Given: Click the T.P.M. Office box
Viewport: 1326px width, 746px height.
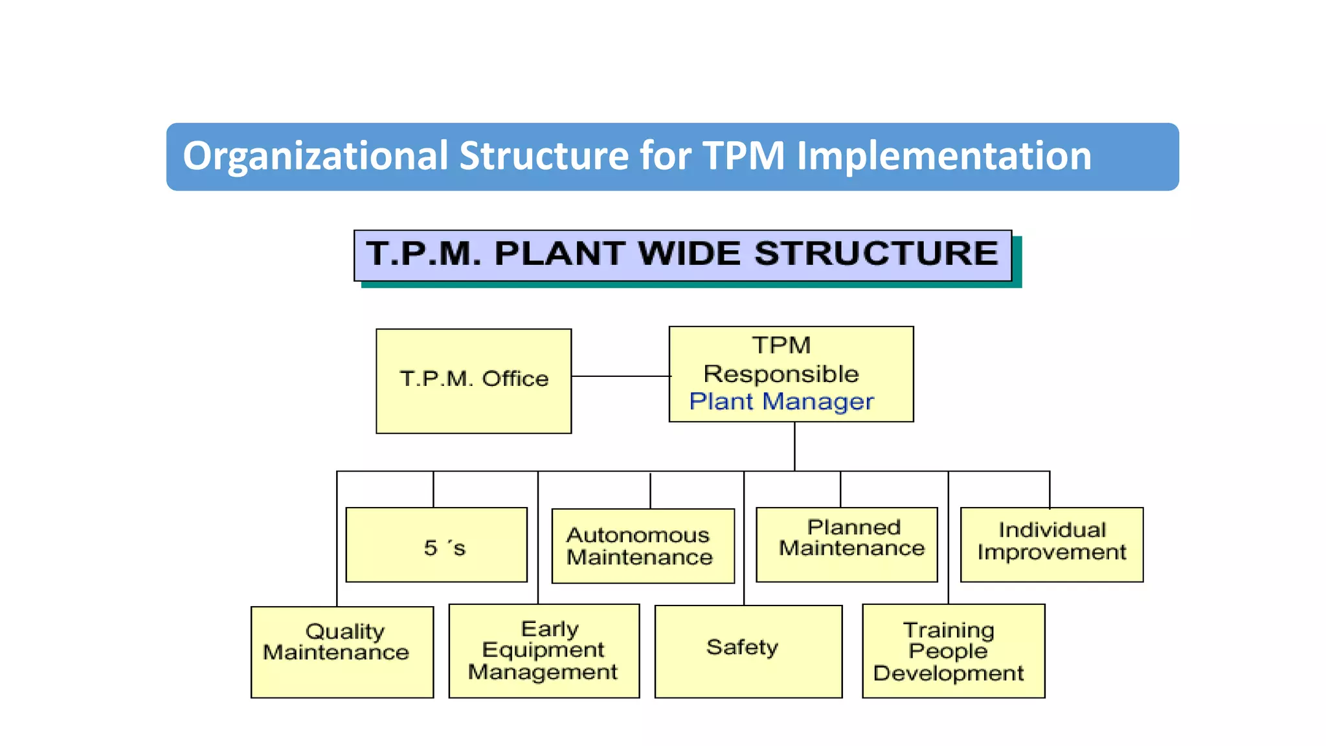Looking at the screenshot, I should coord(473,381).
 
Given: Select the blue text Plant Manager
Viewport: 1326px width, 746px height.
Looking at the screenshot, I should coord(781,401).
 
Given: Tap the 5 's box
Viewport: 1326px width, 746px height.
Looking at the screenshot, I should coord(436,545).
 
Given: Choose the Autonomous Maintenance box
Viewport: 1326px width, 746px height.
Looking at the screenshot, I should coord(642,546).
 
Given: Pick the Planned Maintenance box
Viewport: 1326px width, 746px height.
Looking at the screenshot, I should coord(846,545).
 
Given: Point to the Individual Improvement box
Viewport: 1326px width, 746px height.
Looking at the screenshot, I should coord(1051,545).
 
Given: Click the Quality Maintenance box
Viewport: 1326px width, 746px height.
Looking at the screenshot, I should coord(342,651).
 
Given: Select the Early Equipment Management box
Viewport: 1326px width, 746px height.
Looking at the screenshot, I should coord(544,651).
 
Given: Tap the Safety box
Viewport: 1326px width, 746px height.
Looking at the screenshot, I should coord(748,651).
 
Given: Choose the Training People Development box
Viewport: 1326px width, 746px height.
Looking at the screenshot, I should coord(953,651).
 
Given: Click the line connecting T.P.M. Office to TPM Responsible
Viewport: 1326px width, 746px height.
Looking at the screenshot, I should coord(620,376).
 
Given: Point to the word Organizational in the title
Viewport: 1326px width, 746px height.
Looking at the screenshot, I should coord(315,156).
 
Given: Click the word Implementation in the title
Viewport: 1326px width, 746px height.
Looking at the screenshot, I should coord(943,156).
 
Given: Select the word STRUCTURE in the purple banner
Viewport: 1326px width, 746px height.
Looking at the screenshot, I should coord(876,253).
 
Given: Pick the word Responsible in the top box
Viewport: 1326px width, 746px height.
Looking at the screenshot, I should coord(781,374).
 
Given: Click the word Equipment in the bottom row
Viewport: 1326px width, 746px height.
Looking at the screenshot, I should coord(543,650).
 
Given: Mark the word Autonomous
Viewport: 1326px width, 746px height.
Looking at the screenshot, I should coord(638,535).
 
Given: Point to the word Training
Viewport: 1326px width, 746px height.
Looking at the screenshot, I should coord(949,629).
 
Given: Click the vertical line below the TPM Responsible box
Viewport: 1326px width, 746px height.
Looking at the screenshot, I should coord(794,446).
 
